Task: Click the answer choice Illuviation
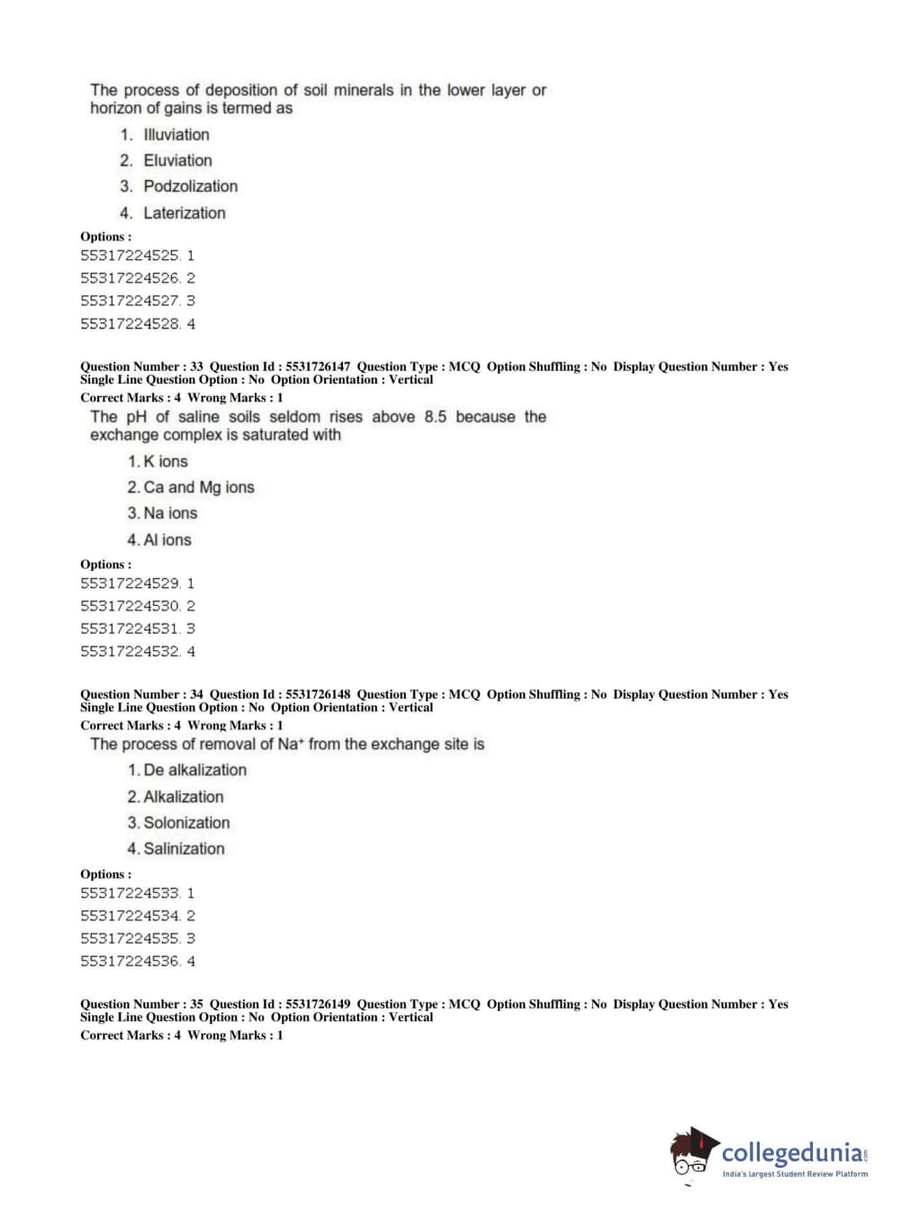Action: tap(176, 135)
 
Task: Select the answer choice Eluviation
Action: tap(177, 161)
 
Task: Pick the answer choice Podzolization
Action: tap(190, 186)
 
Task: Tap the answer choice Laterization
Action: tap(184, 213)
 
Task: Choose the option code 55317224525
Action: tap(131, 256)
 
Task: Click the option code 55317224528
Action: tap(131, 324)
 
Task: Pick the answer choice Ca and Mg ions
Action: tap(198, 487)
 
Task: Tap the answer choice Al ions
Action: tap(167, 540)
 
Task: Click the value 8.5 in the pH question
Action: tap(436, 417)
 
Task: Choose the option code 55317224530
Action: tap(131, 606)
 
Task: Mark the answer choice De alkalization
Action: tap(194, 771)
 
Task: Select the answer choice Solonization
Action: tap(186, 823)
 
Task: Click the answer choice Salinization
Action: tap(184, 849)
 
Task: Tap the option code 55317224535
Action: tap(131, 938)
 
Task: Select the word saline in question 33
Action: tap(199, 417)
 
